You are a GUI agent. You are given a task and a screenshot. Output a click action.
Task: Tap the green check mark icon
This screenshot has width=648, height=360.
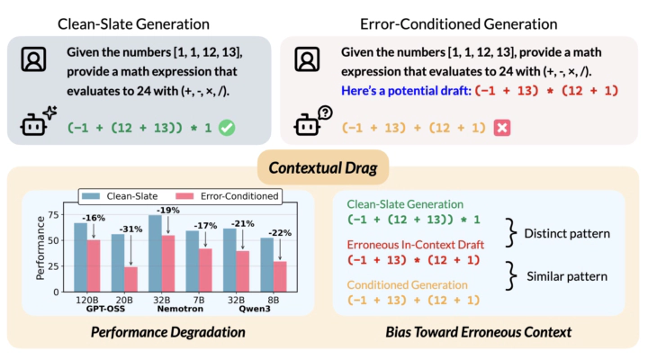point(227,128)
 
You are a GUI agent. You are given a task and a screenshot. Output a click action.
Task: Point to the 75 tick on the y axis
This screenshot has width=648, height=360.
point(57,216)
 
